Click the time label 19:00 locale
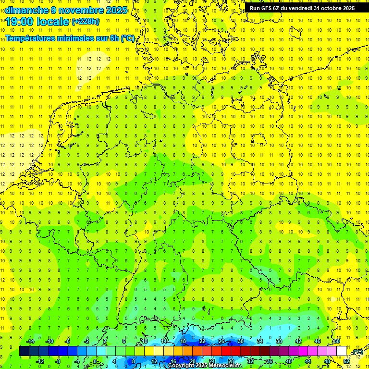[x=37, y=22]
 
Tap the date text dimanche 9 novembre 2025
[x=66, y=10]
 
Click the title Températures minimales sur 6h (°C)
[x=70, y=38]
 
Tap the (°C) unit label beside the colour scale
[x=357, y=352]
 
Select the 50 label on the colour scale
[x=337, y=341]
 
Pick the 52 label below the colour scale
[x=346, y=361]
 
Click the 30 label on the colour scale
[x=241, y=341]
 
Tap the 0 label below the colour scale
[x=95, y=361]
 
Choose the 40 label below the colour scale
[x=289, y=361]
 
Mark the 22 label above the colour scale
[x=202, y=341]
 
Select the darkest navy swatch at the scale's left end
[x=24, y=351]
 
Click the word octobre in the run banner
[x=328, y=8]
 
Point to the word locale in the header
[x=53, y=22]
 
